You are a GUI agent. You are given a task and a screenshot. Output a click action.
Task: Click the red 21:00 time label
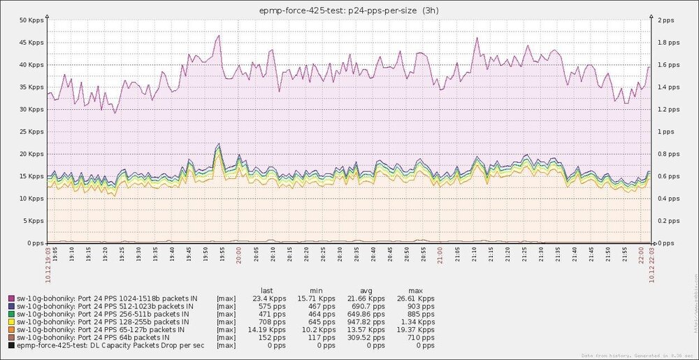[x=440, y=253]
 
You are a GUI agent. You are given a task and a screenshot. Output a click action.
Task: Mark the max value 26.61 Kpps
[x=417, y=298]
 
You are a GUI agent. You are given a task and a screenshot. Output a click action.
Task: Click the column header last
[x=266, y=289]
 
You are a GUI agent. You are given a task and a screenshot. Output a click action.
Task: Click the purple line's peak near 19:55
[x=219, y=35]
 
